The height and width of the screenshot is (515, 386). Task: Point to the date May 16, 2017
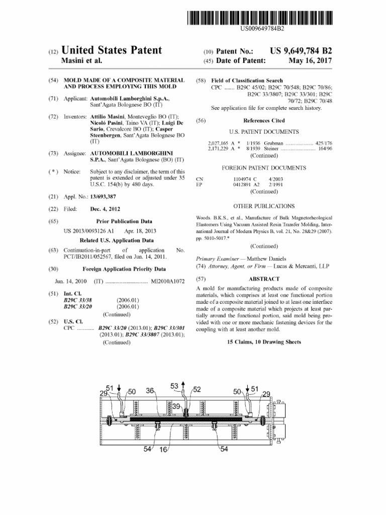pos(310,61)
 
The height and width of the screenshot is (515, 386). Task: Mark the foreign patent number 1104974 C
pos(245,179)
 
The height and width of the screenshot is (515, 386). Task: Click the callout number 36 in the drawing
pos(150,391)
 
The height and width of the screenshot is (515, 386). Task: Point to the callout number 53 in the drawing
pos(174,386)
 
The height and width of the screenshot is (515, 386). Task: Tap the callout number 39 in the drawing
pos(176,406)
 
